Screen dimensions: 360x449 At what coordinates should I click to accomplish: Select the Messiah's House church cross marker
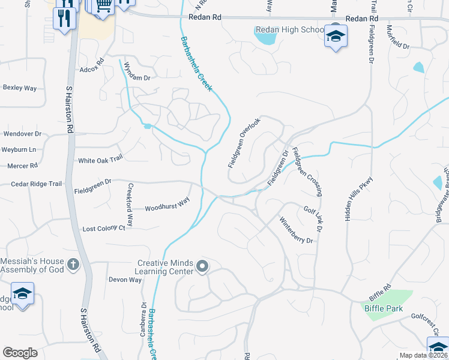coord(73,264)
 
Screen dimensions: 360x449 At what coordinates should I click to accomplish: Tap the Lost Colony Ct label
coord(104,229)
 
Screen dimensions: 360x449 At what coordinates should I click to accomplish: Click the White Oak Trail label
coord(100,160)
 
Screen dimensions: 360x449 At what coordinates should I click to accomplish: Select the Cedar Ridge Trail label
coord(37,184)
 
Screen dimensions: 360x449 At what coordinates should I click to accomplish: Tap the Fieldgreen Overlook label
coord(244,142)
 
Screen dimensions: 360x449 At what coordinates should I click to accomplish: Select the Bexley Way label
coord(20,88)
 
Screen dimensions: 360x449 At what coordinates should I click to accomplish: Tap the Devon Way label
coord(125,280)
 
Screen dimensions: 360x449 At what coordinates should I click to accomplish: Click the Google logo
coord(20,352)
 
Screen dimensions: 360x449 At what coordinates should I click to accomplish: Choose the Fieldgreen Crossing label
coord(307,172)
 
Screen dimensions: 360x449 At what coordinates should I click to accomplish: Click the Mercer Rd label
coord(22,165)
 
